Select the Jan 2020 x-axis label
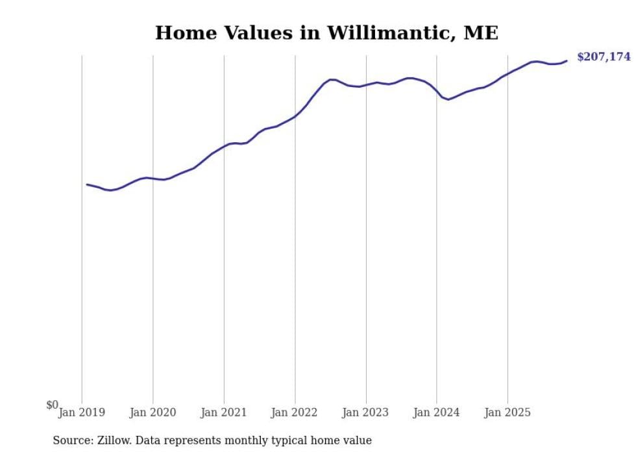(153, 412)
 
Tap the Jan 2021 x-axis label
(224, 412)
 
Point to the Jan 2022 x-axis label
(295, 412)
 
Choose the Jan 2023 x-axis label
(365, 412)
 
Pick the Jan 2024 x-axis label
(437, 412)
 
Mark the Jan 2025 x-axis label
(508, 412)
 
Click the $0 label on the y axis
(52, 405)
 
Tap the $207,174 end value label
(604, 57)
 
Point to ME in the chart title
(480, 33)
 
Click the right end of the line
(567, 61)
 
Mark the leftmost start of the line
(87, 184)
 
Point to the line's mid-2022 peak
(332, 80)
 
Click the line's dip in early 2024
(448, 99)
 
